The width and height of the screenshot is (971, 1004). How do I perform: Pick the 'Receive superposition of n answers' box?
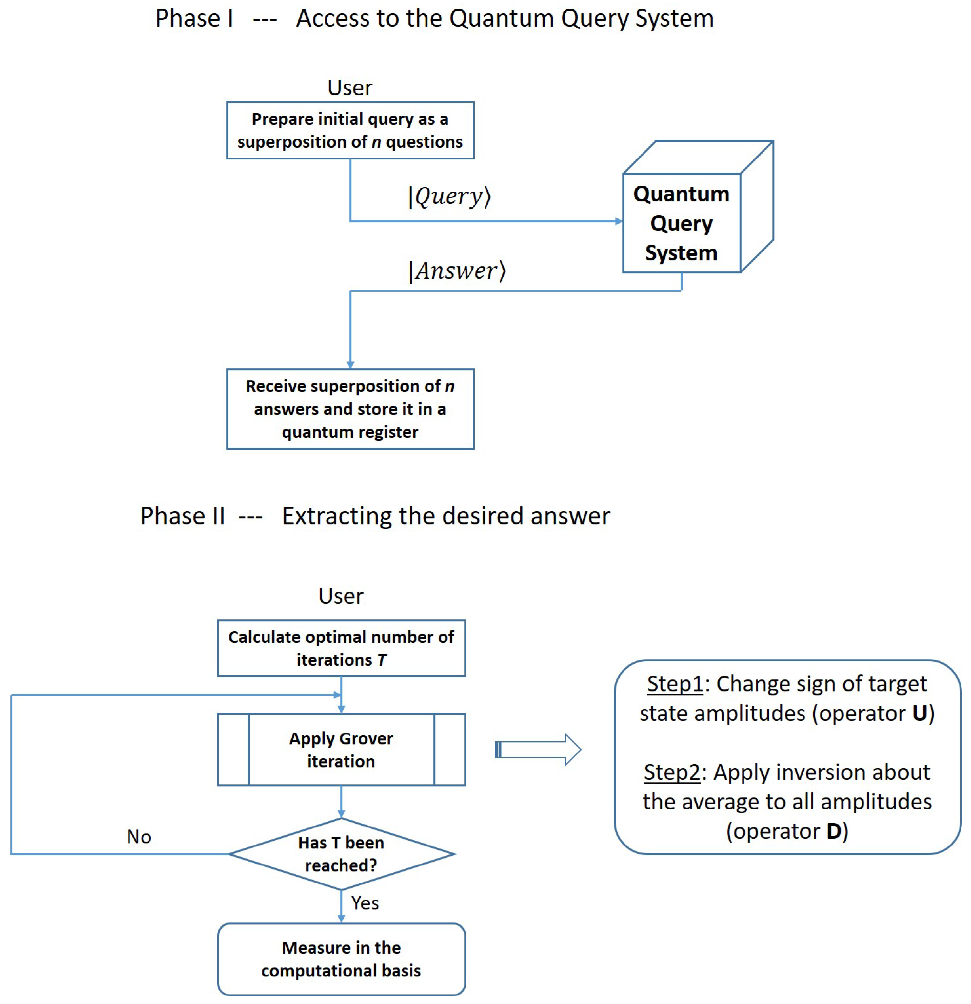pos(350,409)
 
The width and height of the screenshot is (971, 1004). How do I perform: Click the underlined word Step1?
pos(675,684)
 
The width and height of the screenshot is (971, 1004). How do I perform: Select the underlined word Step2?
pos(672,772)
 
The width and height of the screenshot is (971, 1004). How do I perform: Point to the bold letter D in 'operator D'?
pos(834,831)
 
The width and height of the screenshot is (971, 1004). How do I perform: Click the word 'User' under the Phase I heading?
pos(350,88)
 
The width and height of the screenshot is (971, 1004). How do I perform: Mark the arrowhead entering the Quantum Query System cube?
pos(619,221)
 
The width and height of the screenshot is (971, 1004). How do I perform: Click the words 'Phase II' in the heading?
pos(183,516)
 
